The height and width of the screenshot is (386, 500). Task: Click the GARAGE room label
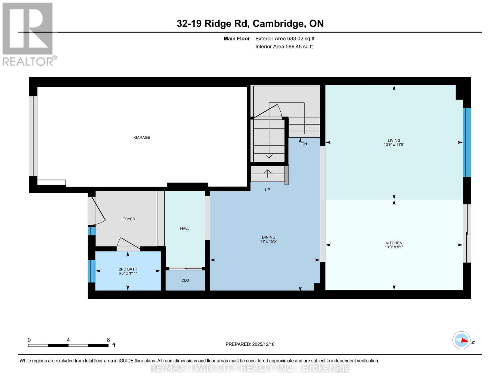pyautogui.click(x=142, y=137)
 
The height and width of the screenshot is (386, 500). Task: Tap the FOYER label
pyautogui.click(x=129, y=219)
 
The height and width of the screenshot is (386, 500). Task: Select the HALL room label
pyautogui.click(x=184, y=228)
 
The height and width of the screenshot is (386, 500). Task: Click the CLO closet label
pyautogui.click(x=185, y=280)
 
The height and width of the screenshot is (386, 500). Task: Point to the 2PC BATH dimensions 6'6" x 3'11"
pyautogui.click(x=128, y=273)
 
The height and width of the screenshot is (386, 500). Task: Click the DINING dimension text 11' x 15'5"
pyautogui.click(x=269, y=241)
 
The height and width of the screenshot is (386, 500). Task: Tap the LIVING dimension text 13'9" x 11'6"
pyautogui.click(x=394, y=145)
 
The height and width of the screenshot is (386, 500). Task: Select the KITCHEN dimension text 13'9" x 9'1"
pyautogui.click(x=394, y=247)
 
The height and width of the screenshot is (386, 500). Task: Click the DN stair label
pyautogui.click(x=304, y=144)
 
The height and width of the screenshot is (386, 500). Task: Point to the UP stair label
pyautogui.click(x=267, y=190)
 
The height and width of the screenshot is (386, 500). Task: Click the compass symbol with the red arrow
pyautogui.click(x=461, y=340)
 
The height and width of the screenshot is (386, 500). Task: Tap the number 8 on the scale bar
pyautogui.click(x=108, y=340)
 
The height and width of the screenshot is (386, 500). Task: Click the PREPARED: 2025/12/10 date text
pyautogui.click(x=250, y=344)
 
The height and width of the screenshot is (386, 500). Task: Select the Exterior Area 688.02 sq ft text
pyautogui.click(x=285, y=39)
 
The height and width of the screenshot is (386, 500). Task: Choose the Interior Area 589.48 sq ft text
pyautogui.click(x=284, y=47)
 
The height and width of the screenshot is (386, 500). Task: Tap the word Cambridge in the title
pyautogui.click(x=278, y=23)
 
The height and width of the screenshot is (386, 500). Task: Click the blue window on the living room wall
pyautogui.click(x=467, y=142)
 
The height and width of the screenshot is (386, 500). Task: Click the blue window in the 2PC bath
pyautogui.click(x=92, y=271)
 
